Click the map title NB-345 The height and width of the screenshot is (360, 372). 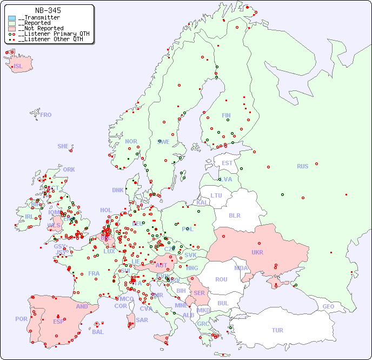[x=48, y=10]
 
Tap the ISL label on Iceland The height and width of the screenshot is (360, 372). [x=18, y=67]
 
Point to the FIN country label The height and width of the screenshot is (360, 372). [x=226, y=115]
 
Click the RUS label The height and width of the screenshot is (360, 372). [x=302, y=166]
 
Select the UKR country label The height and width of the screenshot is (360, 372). [x=257, y=252]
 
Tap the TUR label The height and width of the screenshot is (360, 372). [x=277, y=330]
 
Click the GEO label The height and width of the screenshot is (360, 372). [x=328, y=306]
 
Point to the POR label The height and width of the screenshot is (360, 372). [x=21, y=319]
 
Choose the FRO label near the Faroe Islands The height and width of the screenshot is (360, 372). [x=46, y=115]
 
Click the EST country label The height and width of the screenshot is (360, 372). [x=227, y=163]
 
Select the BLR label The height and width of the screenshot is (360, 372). [x=235, y=215]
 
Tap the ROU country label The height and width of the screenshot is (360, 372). [x=221, y=279]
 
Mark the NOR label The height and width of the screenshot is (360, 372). [x=131, y=141]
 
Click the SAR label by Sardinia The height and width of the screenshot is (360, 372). [x=142, y=320]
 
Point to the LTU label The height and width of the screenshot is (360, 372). [x=216, y=195]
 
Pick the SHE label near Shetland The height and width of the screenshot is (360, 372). [x=63, y=146]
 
